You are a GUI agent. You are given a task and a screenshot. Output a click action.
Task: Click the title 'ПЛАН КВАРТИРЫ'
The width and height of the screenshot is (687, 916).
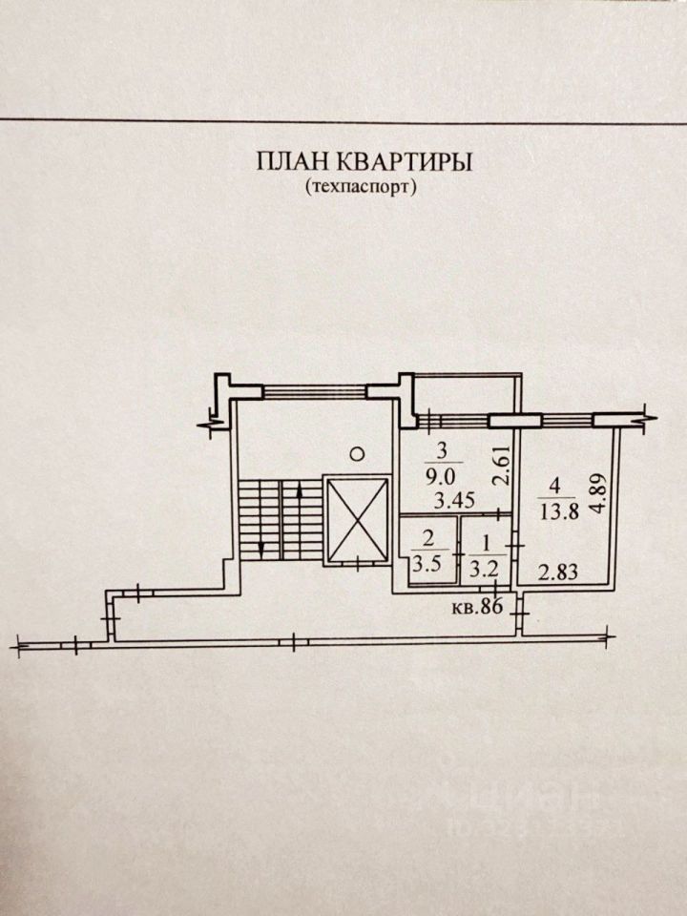364,160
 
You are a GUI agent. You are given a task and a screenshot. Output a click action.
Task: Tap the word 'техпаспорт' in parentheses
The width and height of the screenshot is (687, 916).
364,187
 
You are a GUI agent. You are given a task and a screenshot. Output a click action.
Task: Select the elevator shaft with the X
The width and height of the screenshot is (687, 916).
357,521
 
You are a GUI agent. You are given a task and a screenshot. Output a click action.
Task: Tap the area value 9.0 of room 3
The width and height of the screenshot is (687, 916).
441,471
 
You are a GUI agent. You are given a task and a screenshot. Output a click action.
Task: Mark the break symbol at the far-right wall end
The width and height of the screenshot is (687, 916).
649,415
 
